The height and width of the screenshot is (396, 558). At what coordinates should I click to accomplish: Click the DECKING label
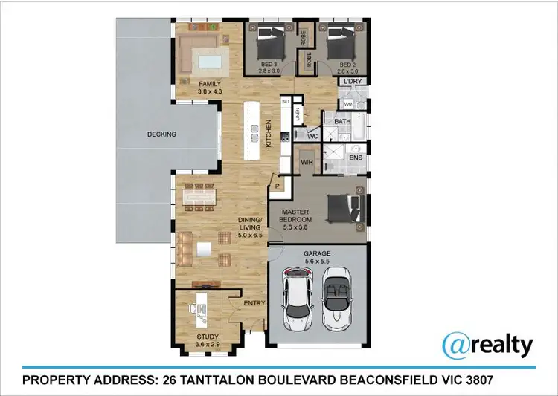point(161,134)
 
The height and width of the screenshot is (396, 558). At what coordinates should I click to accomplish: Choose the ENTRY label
point(254,304)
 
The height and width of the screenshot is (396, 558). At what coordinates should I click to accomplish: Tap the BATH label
point(342,121)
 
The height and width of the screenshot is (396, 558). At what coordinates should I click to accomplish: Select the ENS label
point(356,158)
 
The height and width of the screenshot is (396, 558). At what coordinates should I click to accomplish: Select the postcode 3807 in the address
point(473,381)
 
